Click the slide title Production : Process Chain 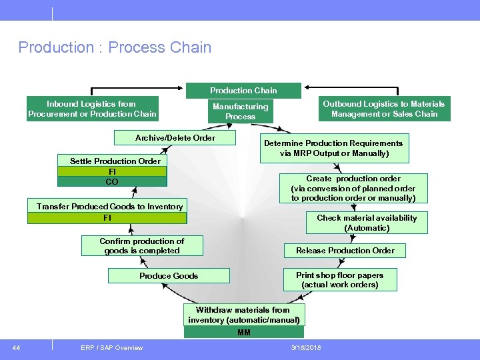(115, 47)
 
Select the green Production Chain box (243, 91)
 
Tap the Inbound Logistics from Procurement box (92, 109)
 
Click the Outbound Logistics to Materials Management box (383, 109)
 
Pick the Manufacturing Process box (240, 111)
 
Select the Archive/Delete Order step (175, 138)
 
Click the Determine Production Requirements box (333, 148)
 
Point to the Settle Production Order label (115, 161)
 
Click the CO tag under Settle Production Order (112, 181)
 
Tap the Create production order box (353, 188)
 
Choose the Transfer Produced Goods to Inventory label (109, 207)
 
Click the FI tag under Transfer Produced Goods (107, 218)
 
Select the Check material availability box (366, 223)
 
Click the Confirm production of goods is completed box (141, 246)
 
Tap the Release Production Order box (345, 251)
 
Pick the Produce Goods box (169, 276)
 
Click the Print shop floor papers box (339, 279)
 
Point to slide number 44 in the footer (16, 347)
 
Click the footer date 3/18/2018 (306, 348)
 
